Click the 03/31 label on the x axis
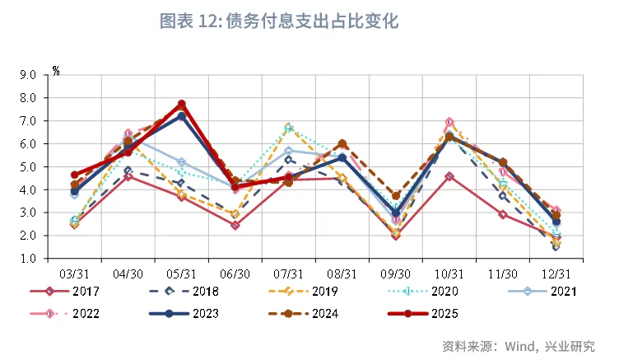(x=74, y=273)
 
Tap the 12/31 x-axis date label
(x=556, y=273)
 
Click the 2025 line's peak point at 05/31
(x=181, y=105)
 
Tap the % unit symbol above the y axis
(x=56, y=70)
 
